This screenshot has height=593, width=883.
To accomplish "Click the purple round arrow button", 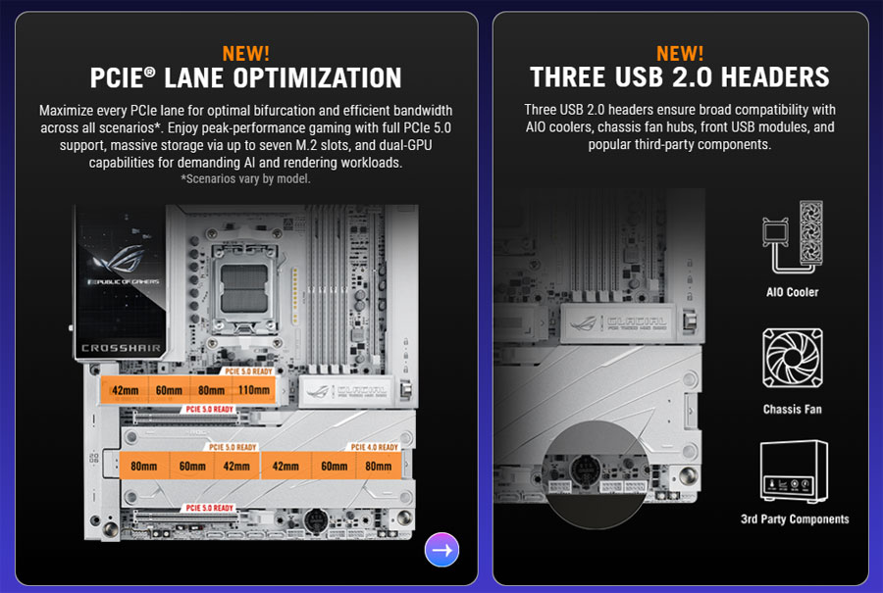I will (441, 550).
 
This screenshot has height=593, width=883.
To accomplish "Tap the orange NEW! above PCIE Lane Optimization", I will (246, 53).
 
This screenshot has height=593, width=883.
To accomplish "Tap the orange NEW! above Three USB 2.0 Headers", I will (680, 53).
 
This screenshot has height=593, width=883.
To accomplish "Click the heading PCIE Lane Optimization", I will (246, 78).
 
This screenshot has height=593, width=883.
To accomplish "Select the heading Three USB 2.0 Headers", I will (680, 78).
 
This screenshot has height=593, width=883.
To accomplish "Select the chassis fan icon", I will (792, 360).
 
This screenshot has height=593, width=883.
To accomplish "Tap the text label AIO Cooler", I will (792, 292).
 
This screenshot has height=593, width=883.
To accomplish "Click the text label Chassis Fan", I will (792, 409).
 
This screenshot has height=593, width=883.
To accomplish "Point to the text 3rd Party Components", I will (795, 519).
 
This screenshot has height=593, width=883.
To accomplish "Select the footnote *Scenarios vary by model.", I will (246, 179).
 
